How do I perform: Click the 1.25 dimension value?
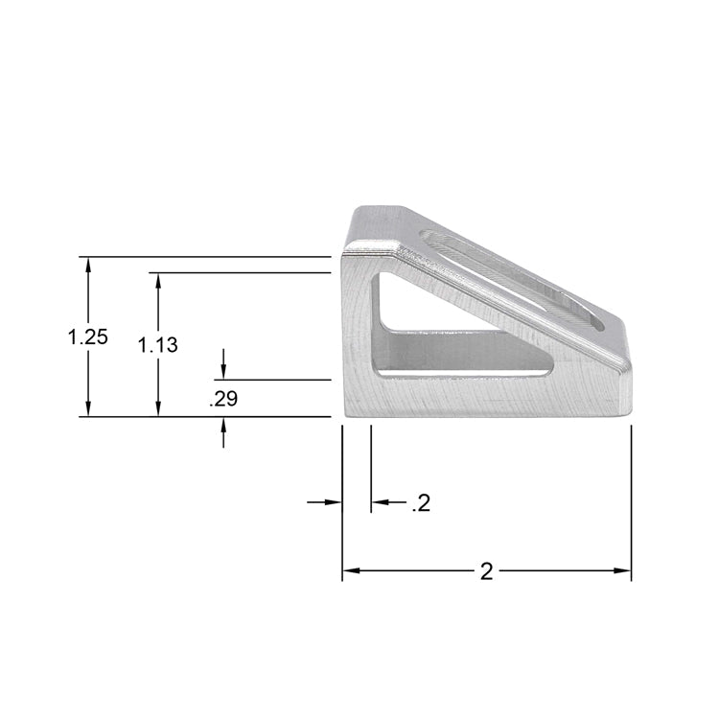click(x=87, y=336)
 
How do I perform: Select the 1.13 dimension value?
click(x=157, y=345)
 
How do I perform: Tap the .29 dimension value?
click(x=223, y=400)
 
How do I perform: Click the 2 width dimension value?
click(x=486, y=571)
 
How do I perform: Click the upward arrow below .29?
click(x=223, y=427)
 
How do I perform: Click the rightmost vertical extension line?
click(x=631, y=499)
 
